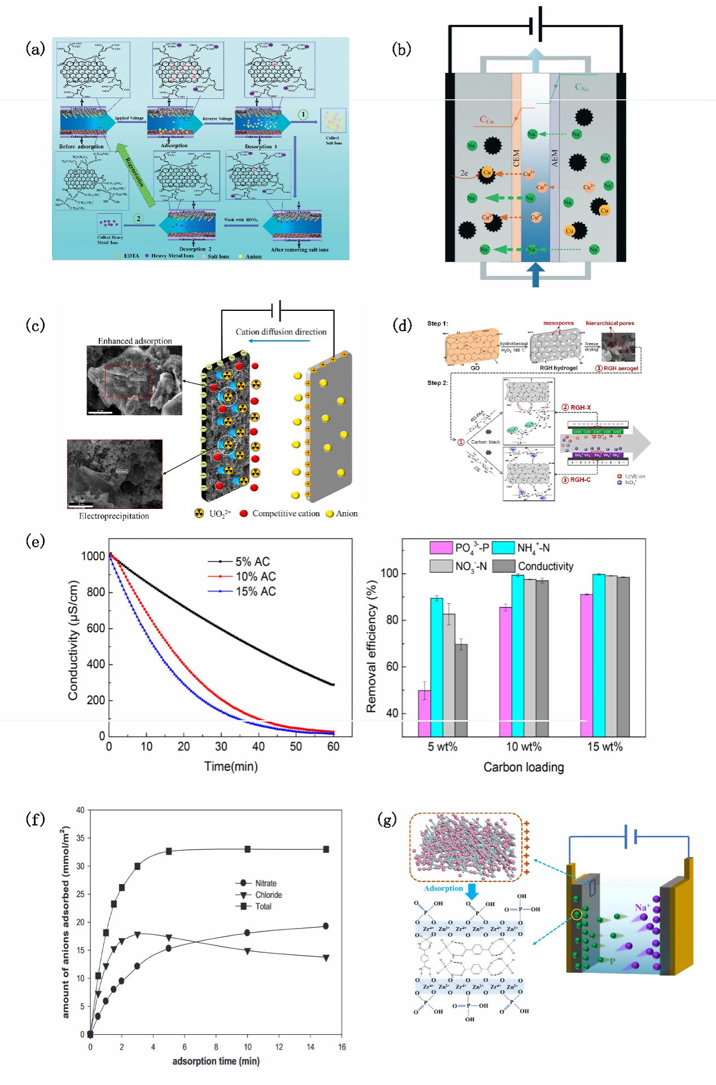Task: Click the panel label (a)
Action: pyautogui.click(x=35, y=49)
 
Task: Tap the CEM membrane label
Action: pyautogui.click(x=516, y=157)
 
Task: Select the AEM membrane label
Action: pyautogui.click(x=555, y=157)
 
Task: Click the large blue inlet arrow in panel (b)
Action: pyautogui.click(x=535, y=275)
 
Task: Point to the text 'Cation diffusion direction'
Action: pyautogui.click(x=281, y=332)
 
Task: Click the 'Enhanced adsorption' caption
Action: pyautogui.click(x=135, y=341)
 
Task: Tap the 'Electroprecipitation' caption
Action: pyautogui.click(x=114, y=516)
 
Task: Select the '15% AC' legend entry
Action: pyautogui.click(x=255, y=591)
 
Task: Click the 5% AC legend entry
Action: pyautogui.click(x=252, y=561)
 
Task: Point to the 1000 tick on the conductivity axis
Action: pyautogui.click(x=93, y=556)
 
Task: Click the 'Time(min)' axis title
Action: pyautogui.click(x=231, y=766)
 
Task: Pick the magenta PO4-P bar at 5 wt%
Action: pyautogui.click(x=424, y=713)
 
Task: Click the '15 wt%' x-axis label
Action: pyautogui.click(x=605, y=746)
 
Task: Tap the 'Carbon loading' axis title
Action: pyautogui.click(x=523, y=767)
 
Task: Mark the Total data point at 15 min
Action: pyautogui.click(x=326, y=849)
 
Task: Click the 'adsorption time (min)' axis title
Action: pyautogui.click(x=216, y=1061)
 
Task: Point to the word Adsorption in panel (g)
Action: pyautogui.click(x=443, y=888)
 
